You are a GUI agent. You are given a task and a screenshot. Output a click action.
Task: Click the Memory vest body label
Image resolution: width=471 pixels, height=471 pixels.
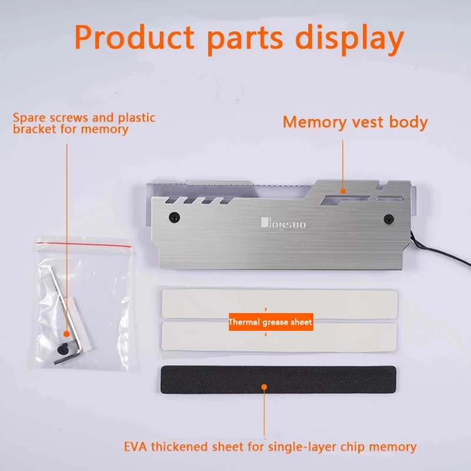[355, 122]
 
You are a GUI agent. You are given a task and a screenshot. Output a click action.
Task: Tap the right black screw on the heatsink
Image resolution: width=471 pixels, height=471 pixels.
[389, 219]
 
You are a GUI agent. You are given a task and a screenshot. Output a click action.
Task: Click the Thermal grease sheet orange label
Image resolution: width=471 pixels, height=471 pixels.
[270, 322]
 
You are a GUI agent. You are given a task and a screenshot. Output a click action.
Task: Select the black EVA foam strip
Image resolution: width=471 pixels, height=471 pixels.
[278, 379]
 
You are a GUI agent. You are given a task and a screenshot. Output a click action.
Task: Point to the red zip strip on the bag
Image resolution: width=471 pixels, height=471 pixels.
[82, 243]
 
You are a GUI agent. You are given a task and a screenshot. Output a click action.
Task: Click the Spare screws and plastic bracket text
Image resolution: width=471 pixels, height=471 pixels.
[84, 123]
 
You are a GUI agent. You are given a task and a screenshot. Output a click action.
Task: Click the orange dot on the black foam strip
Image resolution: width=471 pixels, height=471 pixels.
[264, 387]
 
